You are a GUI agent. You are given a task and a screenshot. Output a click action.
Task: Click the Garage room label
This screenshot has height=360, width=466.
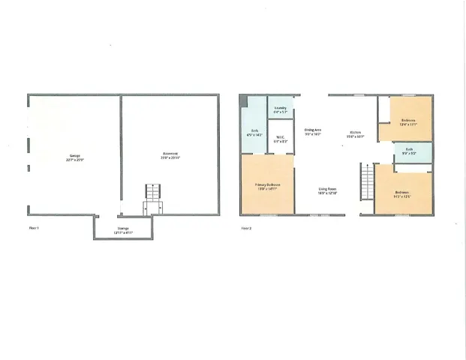[x=74, y=156]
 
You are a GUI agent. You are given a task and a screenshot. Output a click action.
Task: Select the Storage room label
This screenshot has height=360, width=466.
[x=122, y=229]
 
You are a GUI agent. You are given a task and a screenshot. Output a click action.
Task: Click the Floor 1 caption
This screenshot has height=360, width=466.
[x=34, y=226]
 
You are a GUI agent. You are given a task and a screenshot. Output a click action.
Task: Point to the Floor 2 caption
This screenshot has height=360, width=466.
[x=246, y=226]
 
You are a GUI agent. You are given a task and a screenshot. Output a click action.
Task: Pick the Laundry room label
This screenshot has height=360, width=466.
[x=280, y=108]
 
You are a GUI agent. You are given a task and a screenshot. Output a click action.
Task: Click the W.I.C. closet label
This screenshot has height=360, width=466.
[x=279, y=137]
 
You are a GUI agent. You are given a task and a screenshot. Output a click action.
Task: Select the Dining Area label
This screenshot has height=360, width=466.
[x=313, y=130]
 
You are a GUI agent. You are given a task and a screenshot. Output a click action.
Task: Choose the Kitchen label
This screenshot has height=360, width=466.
[x=356, y=133]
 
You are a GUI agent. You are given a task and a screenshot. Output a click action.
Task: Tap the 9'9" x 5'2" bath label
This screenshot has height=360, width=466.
[x=409, y=149]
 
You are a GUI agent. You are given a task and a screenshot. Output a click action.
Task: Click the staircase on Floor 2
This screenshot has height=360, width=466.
[x=367, y=181]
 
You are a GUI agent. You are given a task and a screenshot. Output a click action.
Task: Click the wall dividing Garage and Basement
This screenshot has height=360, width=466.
[x=121, y=150]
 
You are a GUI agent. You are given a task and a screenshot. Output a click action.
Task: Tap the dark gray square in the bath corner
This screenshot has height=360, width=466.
[x=243, y=103]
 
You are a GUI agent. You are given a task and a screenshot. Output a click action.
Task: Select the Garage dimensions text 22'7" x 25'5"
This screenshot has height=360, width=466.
[x=74, y=159]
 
